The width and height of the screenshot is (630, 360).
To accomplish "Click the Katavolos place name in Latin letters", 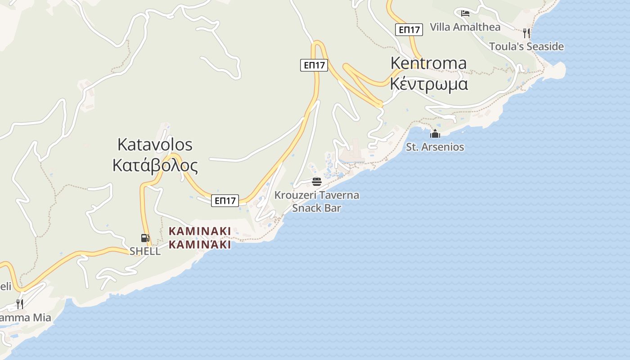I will (155, 144).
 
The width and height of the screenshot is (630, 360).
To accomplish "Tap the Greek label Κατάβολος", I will (155, 166).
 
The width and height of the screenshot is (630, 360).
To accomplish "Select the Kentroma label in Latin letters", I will (428, 63).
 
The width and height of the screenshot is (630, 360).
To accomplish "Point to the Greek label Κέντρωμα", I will (428, 84).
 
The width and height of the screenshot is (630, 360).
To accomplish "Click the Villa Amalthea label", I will (465, 27).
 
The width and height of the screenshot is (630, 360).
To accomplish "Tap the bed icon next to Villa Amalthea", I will (465, 13).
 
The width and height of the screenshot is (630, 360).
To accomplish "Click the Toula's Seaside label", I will (526, 46).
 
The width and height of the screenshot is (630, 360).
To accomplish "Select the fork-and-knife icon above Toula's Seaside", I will (526, 33).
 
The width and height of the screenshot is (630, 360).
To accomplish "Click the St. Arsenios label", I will (435, 147).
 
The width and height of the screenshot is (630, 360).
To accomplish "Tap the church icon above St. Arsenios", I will (435, 134).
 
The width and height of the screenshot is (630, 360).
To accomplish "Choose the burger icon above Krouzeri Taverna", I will (317, 182).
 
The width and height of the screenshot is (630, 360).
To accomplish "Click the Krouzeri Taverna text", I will (317, 195).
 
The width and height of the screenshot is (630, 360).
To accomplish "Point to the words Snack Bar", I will (317, 208).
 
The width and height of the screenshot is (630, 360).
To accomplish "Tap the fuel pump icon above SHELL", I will (145, 238).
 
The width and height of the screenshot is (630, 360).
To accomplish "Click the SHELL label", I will (145, 251).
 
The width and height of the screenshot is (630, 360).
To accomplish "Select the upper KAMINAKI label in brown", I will (200, 231).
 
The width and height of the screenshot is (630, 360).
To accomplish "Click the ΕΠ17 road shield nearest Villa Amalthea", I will (409, 30).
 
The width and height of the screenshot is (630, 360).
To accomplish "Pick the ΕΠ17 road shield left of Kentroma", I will (314, 65).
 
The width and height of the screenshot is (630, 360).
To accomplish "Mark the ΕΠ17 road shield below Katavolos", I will (225, 201).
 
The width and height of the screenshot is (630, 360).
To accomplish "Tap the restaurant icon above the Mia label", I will (19, 304).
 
